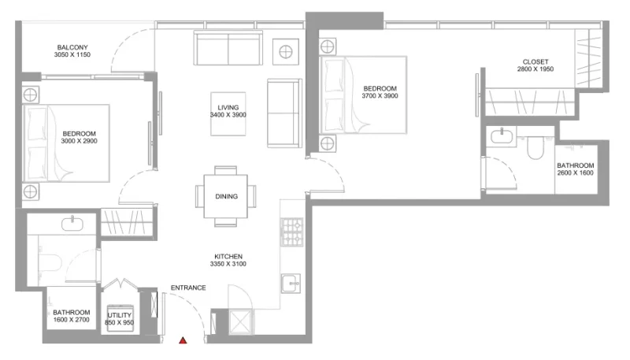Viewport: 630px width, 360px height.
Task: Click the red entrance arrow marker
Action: [183, 340]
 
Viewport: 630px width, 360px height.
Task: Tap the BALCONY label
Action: [72, 46]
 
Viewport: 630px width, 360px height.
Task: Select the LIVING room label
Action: [228, 108]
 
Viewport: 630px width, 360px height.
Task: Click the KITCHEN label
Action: [228, 256]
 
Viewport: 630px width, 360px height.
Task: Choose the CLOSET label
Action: [535, 61]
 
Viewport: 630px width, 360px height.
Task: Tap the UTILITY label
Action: [120, 315]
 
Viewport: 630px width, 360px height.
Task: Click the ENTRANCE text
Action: [188, 288]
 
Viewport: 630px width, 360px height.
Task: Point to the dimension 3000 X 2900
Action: [80, 142]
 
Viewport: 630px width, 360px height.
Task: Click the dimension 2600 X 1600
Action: [575, 173]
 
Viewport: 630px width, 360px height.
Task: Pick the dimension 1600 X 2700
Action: [72, 320]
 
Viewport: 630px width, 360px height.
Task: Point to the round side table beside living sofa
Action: [284, 53]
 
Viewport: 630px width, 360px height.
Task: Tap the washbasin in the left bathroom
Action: [72, 223]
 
